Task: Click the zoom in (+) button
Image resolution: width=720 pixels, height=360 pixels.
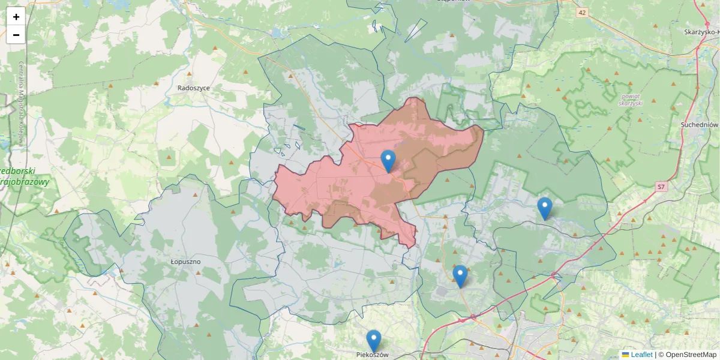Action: tap(16, 17)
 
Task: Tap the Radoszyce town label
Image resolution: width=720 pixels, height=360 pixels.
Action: tap(194, 88)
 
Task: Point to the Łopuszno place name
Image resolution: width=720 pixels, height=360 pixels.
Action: tap(185, 262)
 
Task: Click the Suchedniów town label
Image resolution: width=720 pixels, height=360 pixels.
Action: tap(700, 124)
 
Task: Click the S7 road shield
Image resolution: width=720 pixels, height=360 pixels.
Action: tap(661, 187)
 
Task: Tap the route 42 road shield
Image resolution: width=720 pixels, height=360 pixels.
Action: tap(582, 12)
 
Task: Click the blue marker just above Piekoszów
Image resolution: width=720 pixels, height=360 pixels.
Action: tap(374, 341)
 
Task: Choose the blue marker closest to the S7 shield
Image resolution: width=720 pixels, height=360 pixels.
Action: tap(544, 208)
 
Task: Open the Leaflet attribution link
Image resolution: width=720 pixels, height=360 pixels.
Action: tap(641, 355)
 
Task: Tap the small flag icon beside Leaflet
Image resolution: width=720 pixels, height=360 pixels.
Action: tap(625, 355)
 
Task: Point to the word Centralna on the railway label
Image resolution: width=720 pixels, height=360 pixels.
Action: tap(22, 75)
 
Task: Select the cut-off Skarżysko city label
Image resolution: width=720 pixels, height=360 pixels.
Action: tap(702, 32)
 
